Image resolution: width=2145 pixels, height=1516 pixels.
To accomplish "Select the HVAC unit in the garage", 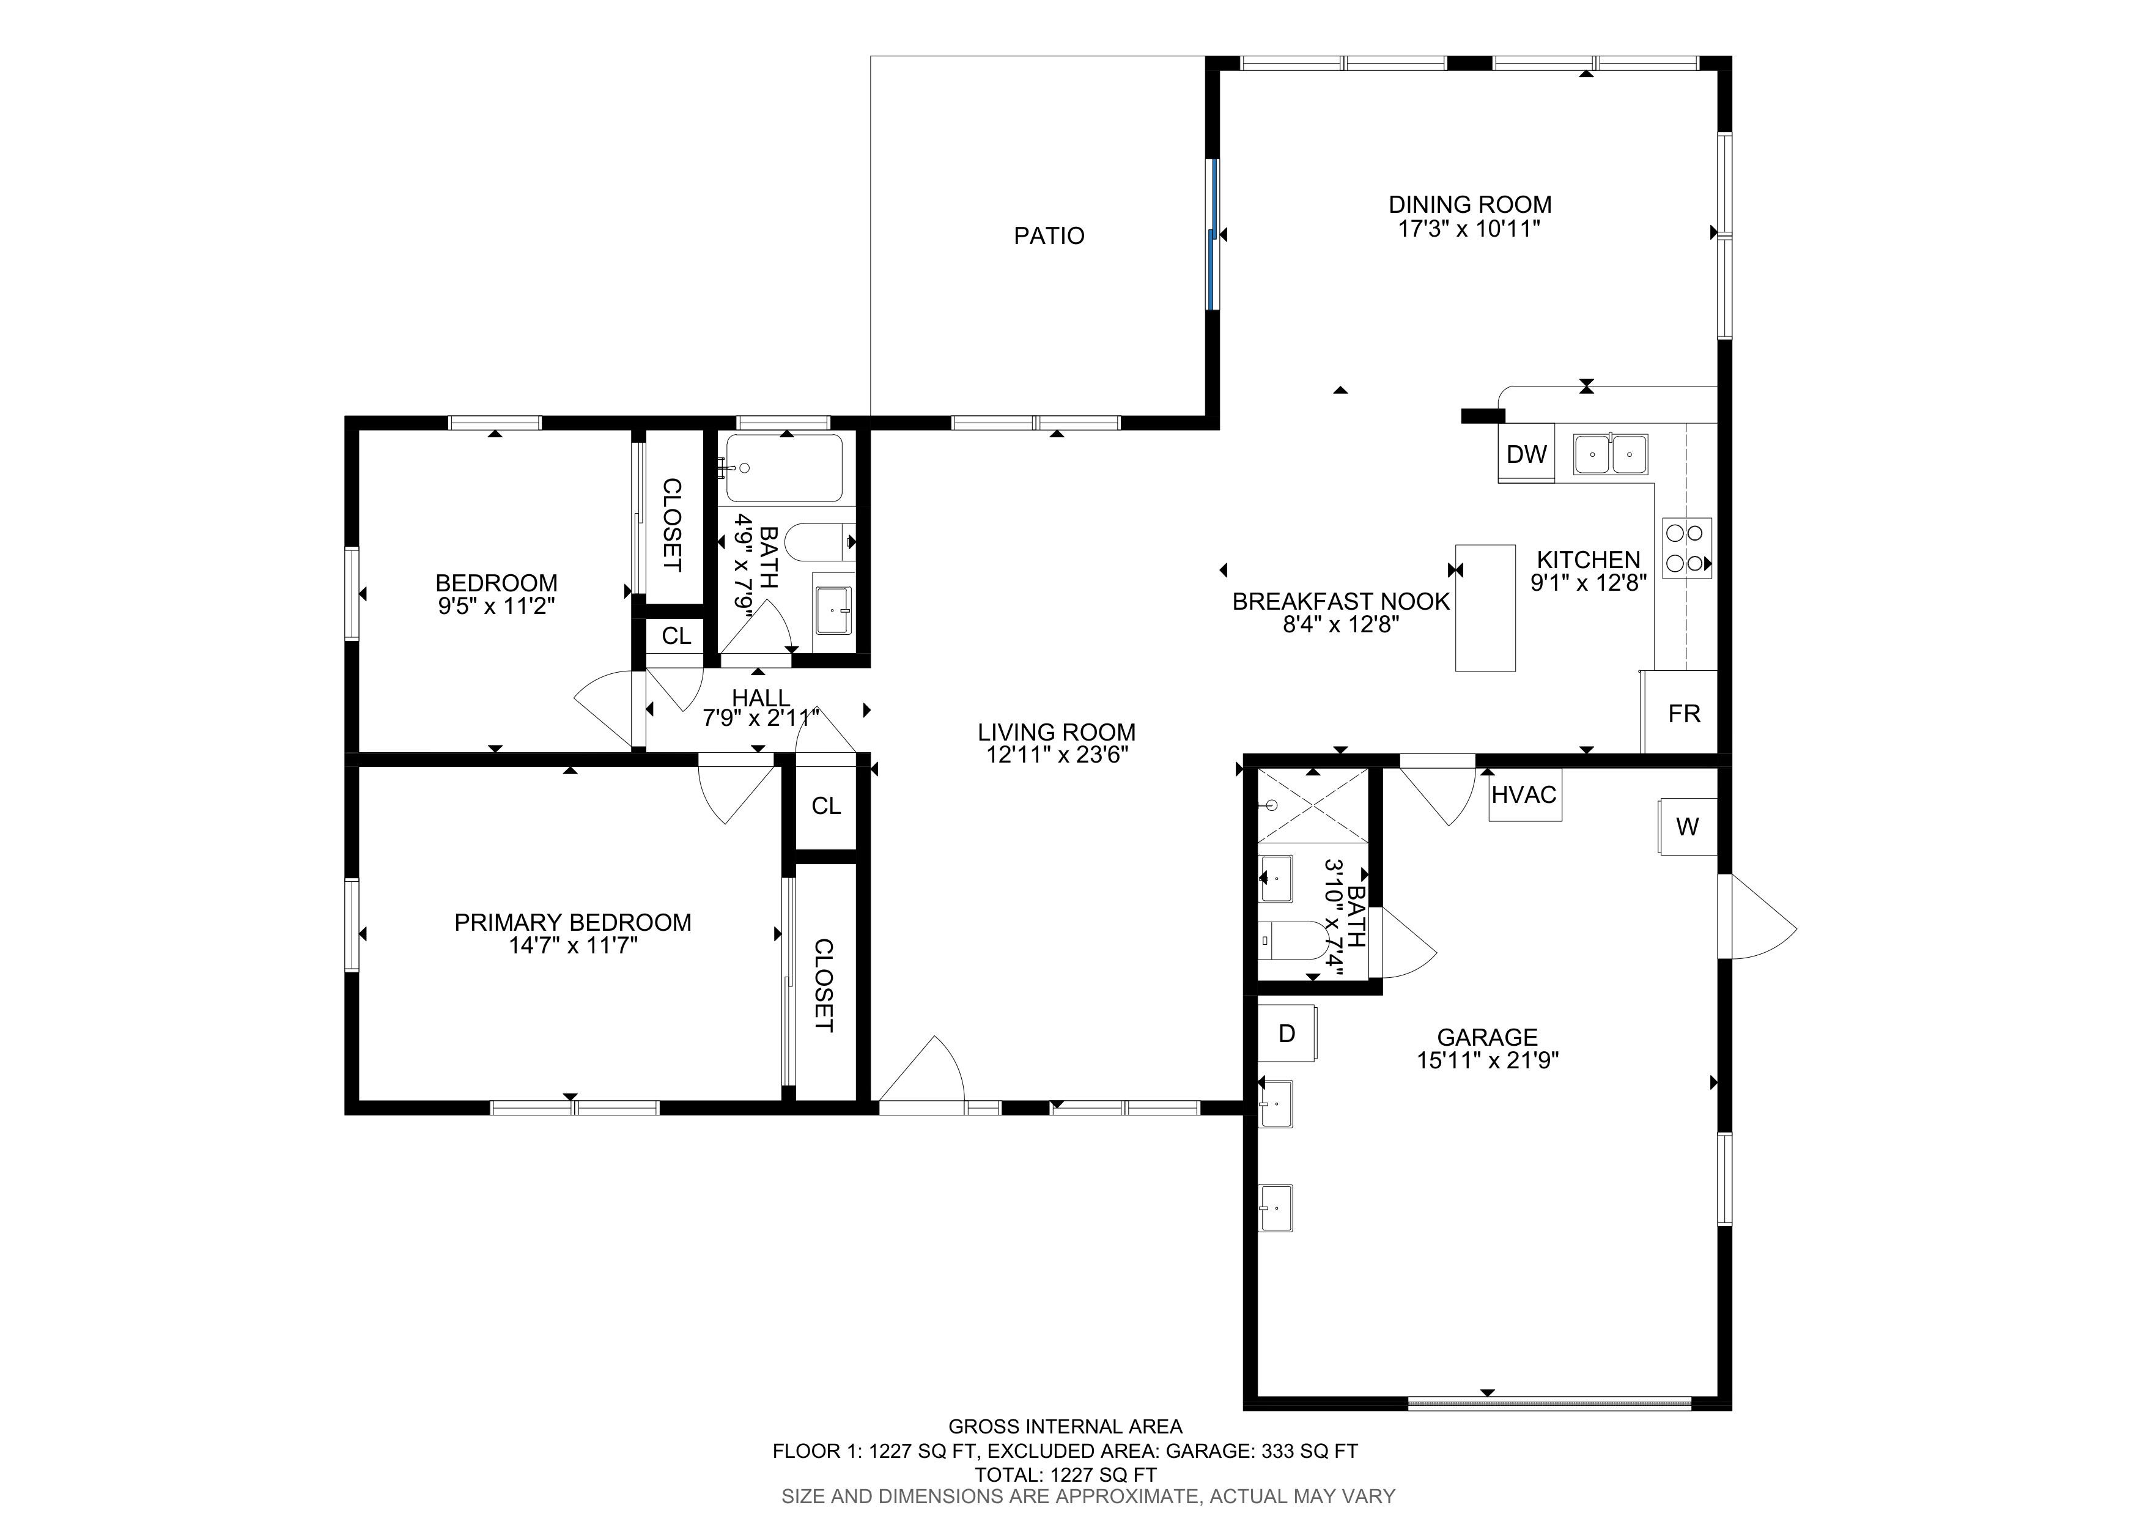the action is [1524, 795].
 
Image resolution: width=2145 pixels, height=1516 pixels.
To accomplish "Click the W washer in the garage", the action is [1687, 826].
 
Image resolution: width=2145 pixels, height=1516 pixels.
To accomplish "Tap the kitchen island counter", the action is [1485, 608].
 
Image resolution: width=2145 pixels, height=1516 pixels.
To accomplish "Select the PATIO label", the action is [1049, 235].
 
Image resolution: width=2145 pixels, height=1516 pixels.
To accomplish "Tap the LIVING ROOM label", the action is [1057, 732].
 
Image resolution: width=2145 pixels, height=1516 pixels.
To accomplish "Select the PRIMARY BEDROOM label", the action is [573, 923].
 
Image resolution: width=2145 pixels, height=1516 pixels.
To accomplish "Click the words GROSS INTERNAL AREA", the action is [1065, 1426].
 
